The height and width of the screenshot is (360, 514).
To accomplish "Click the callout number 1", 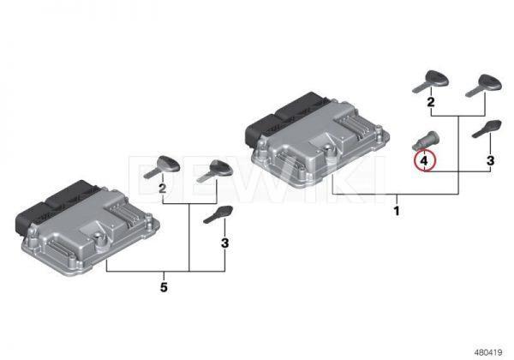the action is [397, 211].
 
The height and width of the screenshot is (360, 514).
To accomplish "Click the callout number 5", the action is [164, 287].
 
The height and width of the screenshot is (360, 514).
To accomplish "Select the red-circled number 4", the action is [424, 160].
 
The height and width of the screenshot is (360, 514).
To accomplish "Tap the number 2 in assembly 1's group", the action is [431, 102].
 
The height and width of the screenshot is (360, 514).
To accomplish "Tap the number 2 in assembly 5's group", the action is [162, 189].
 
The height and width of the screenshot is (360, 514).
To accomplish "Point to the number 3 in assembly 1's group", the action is [490, 160].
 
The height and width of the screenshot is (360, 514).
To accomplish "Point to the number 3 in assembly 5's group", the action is [224, 243].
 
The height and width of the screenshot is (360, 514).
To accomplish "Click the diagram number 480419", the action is [488, 352].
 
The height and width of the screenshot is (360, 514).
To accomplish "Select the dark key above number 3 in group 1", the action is [487, 129].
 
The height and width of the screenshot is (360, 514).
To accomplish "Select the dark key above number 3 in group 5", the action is [218, 214].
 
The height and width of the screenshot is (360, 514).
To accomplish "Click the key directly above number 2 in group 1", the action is [431, 81].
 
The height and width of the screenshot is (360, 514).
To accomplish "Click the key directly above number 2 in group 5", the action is [162, 167].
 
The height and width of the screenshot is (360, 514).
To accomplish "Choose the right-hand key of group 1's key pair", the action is [484, 86].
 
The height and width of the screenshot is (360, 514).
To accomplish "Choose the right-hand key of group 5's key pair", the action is [215, 171].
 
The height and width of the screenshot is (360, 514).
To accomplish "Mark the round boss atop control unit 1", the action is [328, 149].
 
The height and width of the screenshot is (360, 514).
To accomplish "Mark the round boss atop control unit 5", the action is [98, 237].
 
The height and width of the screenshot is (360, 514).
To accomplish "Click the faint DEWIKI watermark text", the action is [259, 177].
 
